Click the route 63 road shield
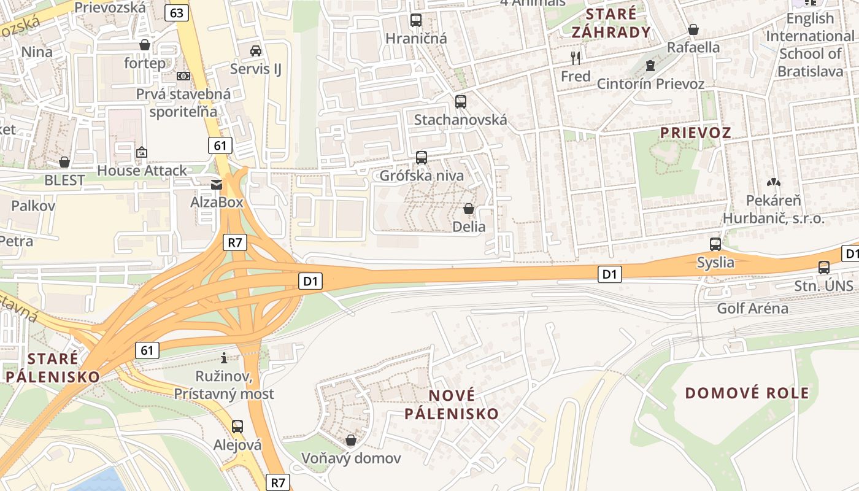click(x=177, y=12)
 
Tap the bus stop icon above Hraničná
click(x=416, y=20)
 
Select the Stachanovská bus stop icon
click(x=461, y=102)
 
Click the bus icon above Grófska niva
click(x=422, y=158)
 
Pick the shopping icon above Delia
click(x=469, y=209)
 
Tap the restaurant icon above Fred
click(x=576, y=58)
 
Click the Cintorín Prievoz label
click(x=650, y=83)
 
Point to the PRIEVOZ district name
click(x=695, y=133)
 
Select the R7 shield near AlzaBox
click(x=235, y=242)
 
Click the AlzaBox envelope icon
click(x=217, y=184)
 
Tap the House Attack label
click(x=142, y=171)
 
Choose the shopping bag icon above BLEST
click(x=64, y=163)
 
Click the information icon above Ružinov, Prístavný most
click(x=224, y=357)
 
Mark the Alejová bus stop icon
click(x=237, y=426)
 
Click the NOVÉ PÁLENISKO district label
click(x=452, y=404)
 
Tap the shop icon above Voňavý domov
click(x=351, y=440)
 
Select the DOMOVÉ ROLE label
click(x=747, y=393)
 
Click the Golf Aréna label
click(x=752, y=308)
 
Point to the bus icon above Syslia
click(x=715, y=244)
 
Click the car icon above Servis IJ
click(x=256, y=50)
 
